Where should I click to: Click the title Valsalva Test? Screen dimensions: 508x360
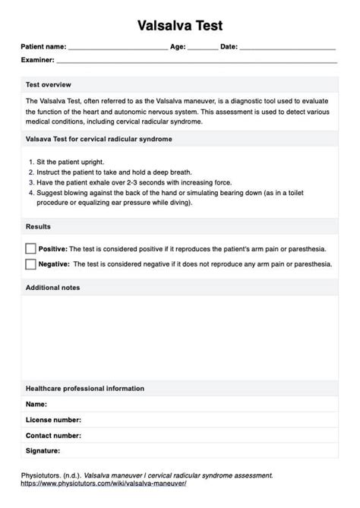[x=180, y=26]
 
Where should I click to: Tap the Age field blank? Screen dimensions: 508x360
[x=202, y=48]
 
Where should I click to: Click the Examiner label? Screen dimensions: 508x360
[x=37, y=59]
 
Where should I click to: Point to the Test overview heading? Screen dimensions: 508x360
[x=49, y=84]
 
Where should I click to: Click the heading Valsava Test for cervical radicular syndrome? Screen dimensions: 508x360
[x=99, y=140]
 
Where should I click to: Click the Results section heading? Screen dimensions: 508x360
[x=39, y=227]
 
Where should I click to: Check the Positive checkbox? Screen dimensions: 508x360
[x=30, y=248]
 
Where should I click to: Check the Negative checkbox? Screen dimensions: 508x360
[x=30, y=264]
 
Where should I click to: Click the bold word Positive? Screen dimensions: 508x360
[x=52, y=248]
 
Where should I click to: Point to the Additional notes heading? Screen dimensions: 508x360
[x=53, y=288]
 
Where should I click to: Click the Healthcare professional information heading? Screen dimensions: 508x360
[x=85, y=389]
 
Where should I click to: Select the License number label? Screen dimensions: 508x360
[x=53, y=420]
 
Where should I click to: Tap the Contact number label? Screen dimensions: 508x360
[x=53, y=436]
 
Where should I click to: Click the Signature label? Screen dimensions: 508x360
[x=43, y=451]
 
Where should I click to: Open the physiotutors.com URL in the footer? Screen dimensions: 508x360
[x=103, y=483]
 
